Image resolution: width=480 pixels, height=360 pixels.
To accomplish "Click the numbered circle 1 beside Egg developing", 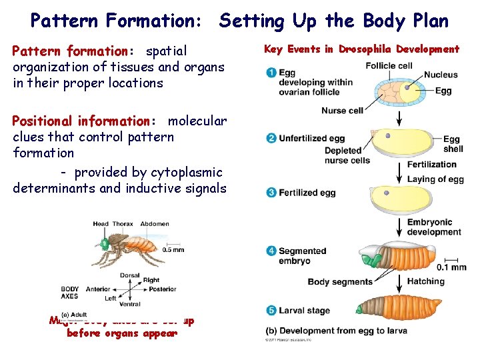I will coord(271,73).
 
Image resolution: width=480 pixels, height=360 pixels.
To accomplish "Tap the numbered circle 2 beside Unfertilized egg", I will coord(271,138).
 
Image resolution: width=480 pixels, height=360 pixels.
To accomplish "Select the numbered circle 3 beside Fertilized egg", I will coord(271,193).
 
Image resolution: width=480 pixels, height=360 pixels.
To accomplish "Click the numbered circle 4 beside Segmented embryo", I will coord(271,251).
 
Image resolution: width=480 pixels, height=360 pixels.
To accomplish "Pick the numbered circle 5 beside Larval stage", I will coord(271,311).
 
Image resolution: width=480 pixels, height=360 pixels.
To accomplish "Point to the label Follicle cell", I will coord(389,66).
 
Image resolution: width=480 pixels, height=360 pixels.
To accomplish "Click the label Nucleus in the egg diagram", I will coord(441,75).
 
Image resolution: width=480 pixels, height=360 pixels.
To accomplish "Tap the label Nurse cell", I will coord(342,110).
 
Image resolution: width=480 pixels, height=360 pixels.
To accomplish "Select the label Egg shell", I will coord(453,144).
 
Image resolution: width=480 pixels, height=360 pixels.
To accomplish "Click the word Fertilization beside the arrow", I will coord(431,165).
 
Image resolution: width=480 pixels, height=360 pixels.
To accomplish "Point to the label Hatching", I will coord(425,281).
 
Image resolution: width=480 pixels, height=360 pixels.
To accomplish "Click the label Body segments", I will coord(339,282).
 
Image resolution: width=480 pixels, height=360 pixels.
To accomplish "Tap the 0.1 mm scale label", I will coord(451,267).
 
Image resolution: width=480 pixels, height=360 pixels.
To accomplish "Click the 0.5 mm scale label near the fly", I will coord(173,249).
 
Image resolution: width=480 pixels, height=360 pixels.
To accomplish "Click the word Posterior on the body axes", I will coord(163,289).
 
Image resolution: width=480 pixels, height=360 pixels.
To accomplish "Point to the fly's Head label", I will coord(101,225).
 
